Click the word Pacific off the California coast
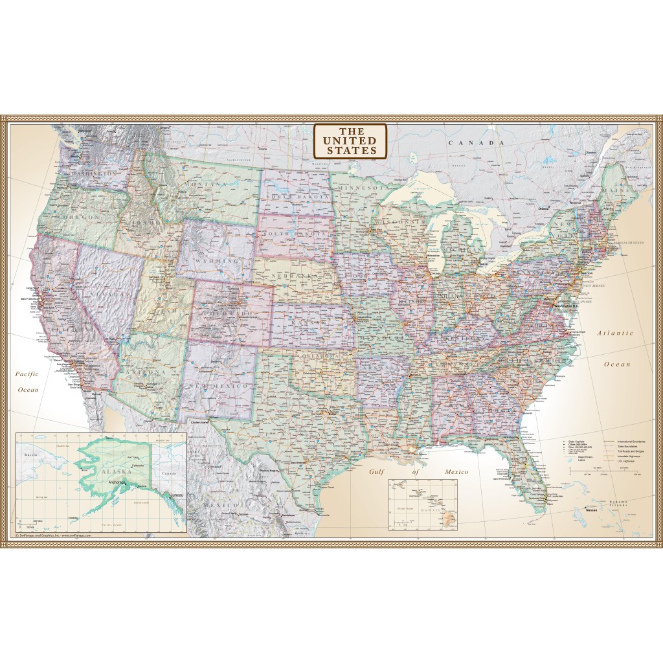28,374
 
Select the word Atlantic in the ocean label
615,333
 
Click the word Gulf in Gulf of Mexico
377,472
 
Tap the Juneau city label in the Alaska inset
177,495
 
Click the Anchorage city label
121,481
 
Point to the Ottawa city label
543,209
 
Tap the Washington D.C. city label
570,305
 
